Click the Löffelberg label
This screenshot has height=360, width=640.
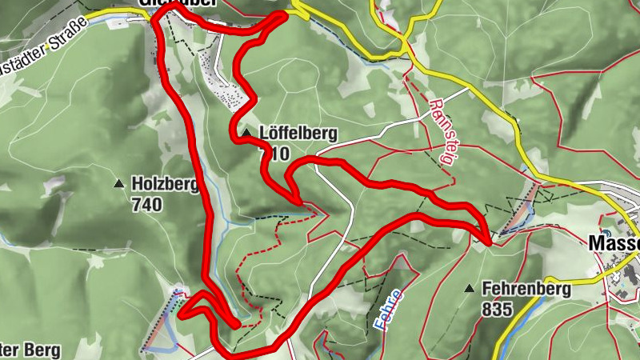(x=298, y=134)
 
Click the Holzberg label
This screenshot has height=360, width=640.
(x=166, y=185)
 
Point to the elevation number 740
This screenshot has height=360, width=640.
(x=147, y=205)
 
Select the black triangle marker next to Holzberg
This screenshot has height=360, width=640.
(x=119, y=184)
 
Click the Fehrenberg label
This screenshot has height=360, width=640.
(x=526, y=289)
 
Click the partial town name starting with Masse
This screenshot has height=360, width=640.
(x=614, y=242)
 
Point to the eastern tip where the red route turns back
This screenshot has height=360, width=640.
(x=487, y=238)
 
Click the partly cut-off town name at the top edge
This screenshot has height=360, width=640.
(x=168, y=4)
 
